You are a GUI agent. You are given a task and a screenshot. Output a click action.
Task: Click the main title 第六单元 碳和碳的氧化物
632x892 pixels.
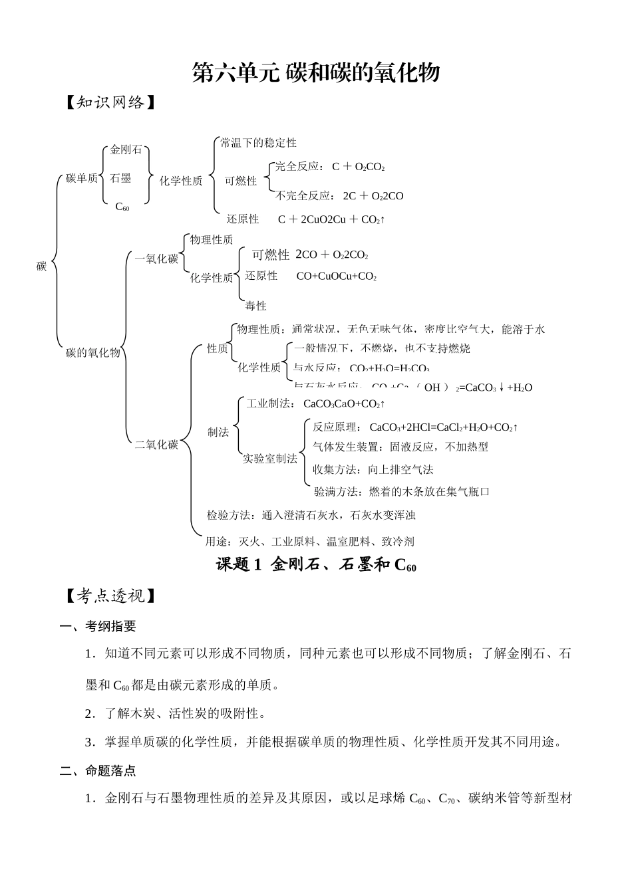(316, 72)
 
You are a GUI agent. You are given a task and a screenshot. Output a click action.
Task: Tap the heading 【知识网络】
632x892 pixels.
(110, 102)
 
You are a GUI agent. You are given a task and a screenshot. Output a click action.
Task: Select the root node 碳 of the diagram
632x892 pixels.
(41, 267)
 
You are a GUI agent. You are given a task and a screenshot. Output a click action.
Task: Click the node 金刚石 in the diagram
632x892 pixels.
(126, 150)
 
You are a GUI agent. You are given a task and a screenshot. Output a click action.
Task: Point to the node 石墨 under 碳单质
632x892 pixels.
(120, 178)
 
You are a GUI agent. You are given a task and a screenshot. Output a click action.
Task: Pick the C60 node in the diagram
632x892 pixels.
(122, 207)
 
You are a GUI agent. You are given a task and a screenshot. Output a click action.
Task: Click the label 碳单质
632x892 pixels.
(82, 178)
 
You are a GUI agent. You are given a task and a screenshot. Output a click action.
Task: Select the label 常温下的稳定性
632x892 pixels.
(258, 143)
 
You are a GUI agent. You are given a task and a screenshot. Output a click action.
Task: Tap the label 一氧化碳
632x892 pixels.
(156, 259)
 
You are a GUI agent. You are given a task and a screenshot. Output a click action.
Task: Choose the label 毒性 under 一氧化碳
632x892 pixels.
(255, 306)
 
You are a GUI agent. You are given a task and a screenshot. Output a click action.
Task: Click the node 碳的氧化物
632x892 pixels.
(93, 353)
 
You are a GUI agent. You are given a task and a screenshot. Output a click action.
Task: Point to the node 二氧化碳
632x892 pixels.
(156, 445)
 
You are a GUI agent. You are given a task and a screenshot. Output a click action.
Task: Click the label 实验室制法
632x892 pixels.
(269, 459)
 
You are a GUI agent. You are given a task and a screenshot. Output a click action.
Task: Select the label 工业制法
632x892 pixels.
(269, 403)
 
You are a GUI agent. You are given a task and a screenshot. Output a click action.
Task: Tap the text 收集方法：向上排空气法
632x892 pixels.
(373, 469)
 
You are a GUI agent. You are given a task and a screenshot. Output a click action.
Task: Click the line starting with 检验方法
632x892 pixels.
(311, 515)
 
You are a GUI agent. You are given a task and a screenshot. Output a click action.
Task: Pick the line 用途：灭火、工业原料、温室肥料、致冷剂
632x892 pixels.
(309, 542)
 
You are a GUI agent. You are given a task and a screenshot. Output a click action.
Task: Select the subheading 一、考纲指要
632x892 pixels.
(98, 626)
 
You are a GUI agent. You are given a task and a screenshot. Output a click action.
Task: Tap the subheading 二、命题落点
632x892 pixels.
(98, 771)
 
